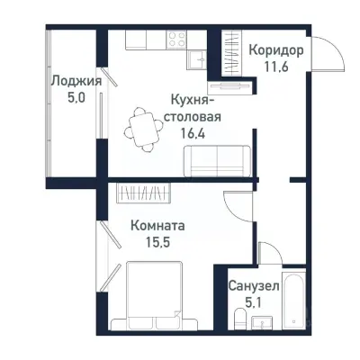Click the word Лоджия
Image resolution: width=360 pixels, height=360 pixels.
tap(75, 81)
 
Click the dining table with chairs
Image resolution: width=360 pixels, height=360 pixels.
tap(139, 126)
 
